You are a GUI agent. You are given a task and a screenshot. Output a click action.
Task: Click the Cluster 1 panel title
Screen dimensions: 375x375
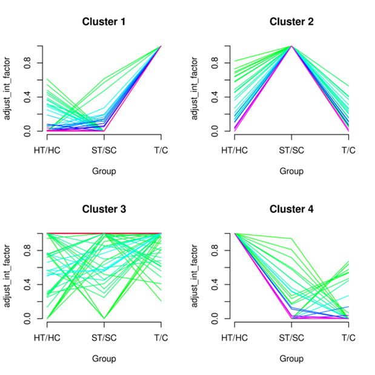pyautogui.click(x=104, y=22)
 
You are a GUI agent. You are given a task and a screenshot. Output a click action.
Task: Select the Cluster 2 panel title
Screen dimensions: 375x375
pyautogui.click(x=291, y=22)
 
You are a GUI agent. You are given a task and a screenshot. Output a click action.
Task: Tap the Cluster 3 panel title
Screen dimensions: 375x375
pyautogui.click(x=104, y=210)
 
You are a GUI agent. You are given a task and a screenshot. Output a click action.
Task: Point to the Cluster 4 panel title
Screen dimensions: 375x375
pyautogui.click(x=291, y=210)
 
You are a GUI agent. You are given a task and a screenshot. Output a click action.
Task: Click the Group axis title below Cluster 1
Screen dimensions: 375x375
pyautogui.click(x=104, y=171)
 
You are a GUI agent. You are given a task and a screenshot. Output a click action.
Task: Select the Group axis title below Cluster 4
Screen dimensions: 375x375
pyautogui.click(x=291, y=359)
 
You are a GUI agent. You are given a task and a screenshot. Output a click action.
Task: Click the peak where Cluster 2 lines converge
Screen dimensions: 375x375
pyautogui.click(x=291, y=46)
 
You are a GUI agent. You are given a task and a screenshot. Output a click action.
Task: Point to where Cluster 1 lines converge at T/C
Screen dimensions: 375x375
pyautogui.click(x=161, y=46)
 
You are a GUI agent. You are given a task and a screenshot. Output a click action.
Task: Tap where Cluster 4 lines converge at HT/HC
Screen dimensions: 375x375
pyautogui.click(x=234, y=233)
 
